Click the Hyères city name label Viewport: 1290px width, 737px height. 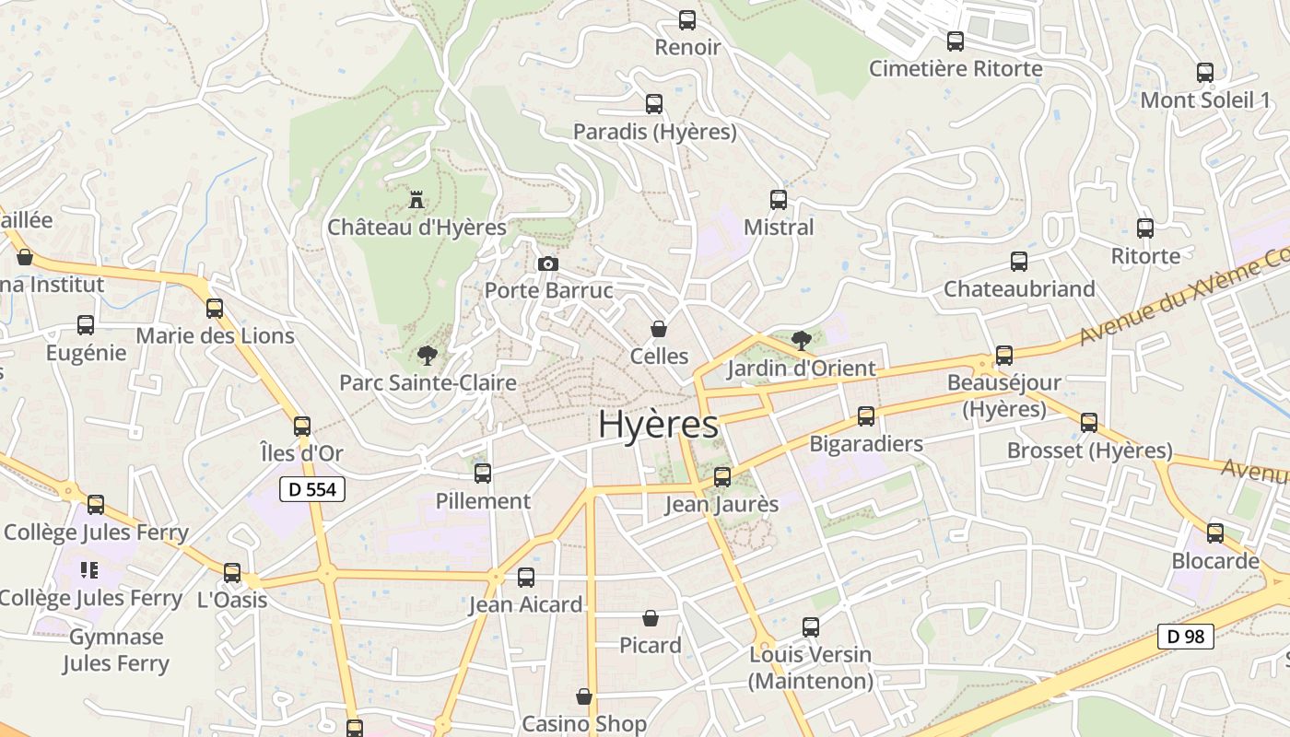[x=658, y=425]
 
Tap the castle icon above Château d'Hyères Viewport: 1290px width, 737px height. [x=416, y=199]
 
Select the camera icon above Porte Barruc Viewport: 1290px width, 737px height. [x=548, y=264]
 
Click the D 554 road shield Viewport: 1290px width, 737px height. [x=312, y=489]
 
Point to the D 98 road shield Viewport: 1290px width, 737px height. [x=1185, y=636]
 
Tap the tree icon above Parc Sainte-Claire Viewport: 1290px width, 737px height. [x=427, y=355]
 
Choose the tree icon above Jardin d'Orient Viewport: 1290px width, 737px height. [x=801, y=340]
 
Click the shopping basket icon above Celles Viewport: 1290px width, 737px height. [x=659, y=328]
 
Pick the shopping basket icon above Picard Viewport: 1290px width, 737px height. [x=651, y=617]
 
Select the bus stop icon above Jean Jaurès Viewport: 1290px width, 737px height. [x=722, y=476]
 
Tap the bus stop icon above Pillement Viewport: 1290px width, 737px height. [x=483, y=474]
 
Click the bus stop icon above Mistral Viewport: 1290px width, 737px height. [x=779, y=199]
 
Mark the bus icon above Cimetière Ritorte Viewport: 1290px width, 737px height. [x=956, y=41]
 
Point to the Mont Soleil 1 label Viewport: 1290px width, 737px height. [x=1204, y=99]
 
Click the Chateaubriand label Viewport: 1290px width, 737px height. [x=1019, y=288]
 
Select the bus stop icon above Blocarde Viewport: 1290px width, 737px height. [x=1215, y=532]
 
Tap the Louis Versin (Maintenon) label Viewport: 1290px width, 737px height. [x=810, y=668]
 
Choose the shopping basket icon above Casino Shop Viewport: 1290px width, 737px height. [x=584, y=696]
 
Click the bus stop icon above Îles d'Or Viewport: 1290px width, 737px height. [x=302, y=426]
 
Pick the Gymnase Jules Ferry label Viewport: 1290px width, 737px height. [x=116, y=649]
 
